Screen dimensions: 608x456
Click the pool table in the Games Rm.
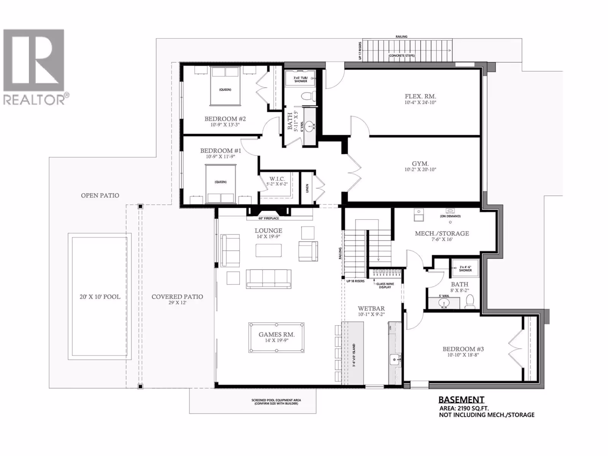coord(276,337)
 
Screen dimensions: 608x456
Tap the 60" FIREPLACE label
coord(268,218)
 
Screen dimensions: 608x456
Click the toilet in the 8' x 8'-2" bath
coord(470,302)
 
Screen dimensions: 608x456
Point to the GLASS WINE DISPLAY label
coord(385,285)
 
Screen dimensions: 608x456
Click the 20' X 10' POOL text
coord(100,297)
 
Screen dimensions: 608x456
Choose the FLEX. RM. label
coord(420,97)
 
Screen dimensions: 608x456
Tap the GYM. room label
coord(420,164)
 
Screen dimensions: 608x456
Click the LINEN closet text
coord(307,188)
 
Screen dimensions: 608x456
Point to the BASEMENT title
coord(461,399)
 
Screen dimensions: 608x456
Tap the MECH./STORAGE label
coord(442,233)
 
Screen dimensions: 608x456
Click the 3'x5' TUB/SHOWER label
coord(301,79)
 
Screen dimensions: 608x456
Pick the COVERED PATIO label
coord(177,297)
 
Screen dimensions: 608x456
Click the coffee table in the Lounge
coord(268,250)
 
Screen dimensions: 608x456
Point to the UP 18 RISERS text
coord(355,281)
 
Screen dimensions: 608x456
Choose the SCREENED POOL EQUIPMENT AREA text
coord(276,400)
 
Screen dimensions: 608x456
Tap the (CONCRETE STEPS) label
coord(402,55)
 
